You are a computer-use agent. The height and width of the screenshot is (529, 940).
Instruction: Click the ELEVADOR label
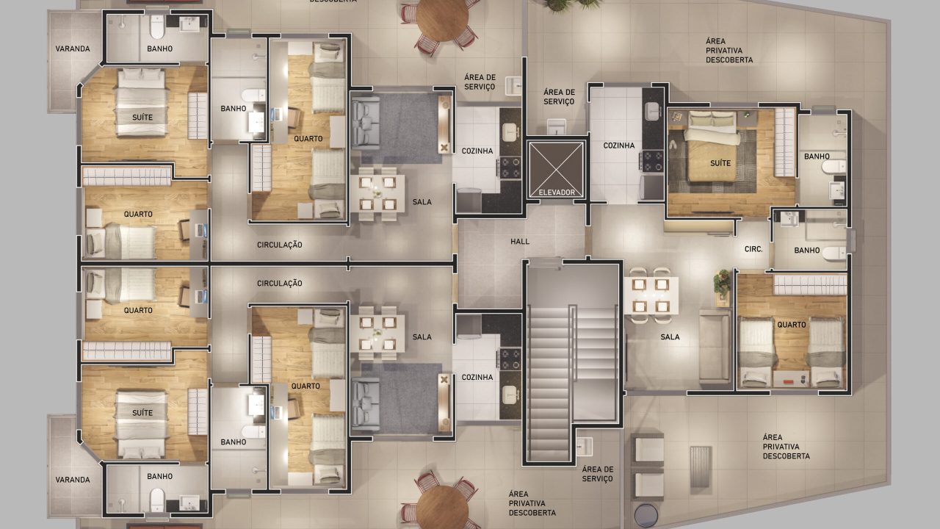pos(557,192)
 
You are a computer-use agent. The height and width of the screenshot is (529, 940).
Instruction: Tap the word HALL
pos(520,242)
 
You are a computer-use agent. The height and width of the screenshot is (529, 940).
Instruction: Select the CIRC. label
pos(753,249)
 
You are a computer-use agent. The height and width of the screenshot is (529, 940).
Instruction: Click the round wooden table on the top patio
pos(442,18)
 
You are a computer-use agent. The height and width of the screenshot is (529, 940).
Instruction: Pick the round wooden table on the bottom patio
pos(442,507)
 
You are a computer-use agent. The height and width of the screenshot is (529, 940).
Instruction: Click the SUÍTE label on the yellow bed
pos(720,163)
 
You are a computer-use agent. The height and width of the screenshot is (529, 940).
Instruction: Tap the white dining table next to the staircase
pos(651,295)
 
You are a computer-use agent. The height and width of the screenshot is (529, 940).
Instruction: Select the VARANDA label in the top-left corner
pos(73,48)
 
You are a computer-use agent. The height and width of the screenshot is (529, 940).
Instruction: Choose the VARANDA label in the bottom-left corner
pos(73,480)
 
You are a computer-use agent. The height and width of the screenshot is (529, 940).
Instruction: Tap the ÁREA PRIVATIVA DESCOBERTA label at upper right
pos(729,51)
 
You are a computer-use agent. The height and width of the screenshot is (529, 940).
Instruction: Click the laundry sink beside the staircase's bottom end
pos(584,446)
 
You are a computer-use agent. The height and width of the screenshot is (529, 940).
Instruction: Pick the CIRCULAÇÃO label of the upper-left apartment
pos(280,245)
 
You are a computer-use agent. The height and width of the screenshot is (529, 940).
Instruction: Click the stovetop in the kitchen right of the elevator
pos(651,161)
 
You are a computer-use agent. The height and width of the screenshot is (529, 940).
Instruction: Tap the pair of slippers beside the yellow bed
pos(673,145)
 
